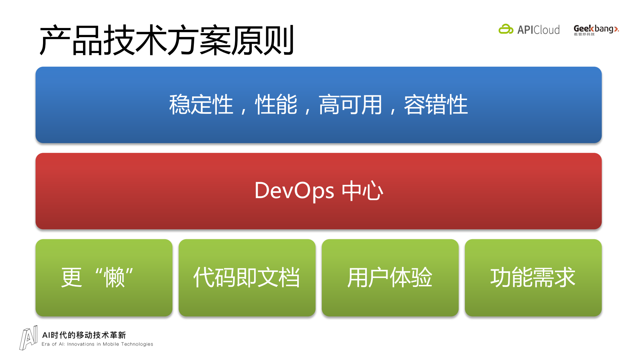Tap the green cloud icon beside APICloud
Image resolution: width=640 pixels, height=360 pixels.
pyautogui.click(x=506, y=29)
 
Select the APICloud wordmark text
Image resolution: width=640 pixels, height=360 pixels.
pyautogui.click(x=538, y=30)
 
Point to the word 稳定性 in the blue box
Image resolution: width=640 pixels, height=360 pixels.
pyautogui.click(x=201, y=105)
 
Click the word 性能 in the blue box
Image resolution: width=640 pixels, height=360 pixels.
pyautogui.click(x=276, y=105)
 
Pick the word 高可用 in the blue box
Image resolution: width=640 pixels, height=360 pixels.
pyautogui.click(x=350, y=105)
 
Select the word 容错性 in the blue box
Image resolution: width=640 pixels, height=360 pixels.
pyautogui.click(x=436, y=105)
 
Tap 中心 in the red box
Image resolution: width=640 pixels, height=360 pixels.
pyautogui.click(x=363, y=191)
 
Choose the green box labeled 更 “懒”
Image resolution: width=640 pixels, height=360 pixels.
pyautogui.click(x=104, y=278)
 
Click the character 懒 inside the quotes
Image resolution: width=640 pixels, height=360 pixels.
pyautogui.click(x=114, y=278)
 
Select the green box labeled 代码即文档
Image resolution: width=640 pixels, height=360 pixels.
pyautogui.click(x=247, y=278)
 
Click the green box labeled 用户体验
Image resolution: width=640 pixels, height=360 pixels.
pyautogui.click(x=390, y=278)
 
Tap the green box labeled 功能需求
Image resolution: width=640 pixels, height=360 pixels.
pyautogui.click(x=533, y=278)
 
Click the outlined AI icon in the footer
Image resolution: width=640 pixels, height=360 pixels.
pyautogui.click(x=29, y=338)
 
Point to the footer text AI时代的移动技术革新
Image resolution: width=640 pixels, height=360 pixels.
pyautogui.click(x=84, y=335)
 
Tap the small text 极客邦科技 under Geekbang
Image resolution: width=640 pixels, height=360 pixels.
pyautogui.click(x=584, y=34)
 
